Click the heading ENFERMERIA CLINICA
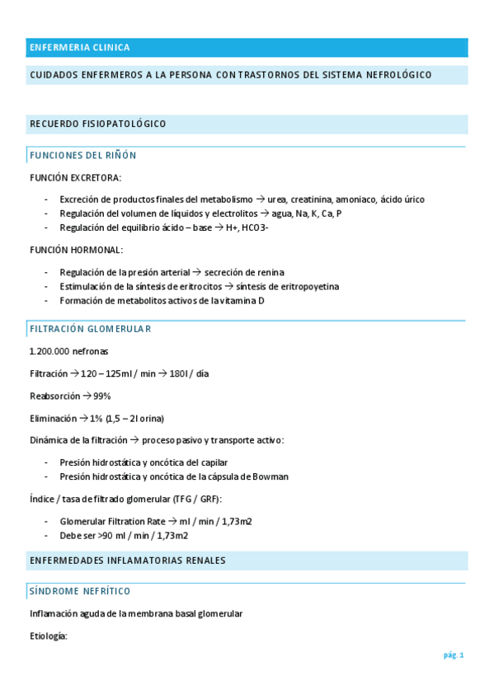79,48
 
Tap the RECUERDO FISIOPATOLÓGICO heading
98,124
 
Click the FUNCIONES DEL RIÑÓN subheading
82,155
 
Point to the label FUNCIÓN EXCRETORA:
75,177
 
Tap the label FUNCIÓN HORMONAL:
76,250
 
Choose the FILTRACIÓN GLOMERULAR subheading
90,329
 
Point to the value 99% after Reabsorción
101,396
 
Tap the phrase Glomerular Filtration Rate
113,521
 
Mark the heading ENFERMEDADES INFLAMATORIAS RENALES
127,561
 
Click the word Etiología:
48,636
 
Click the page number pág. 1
454,655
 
